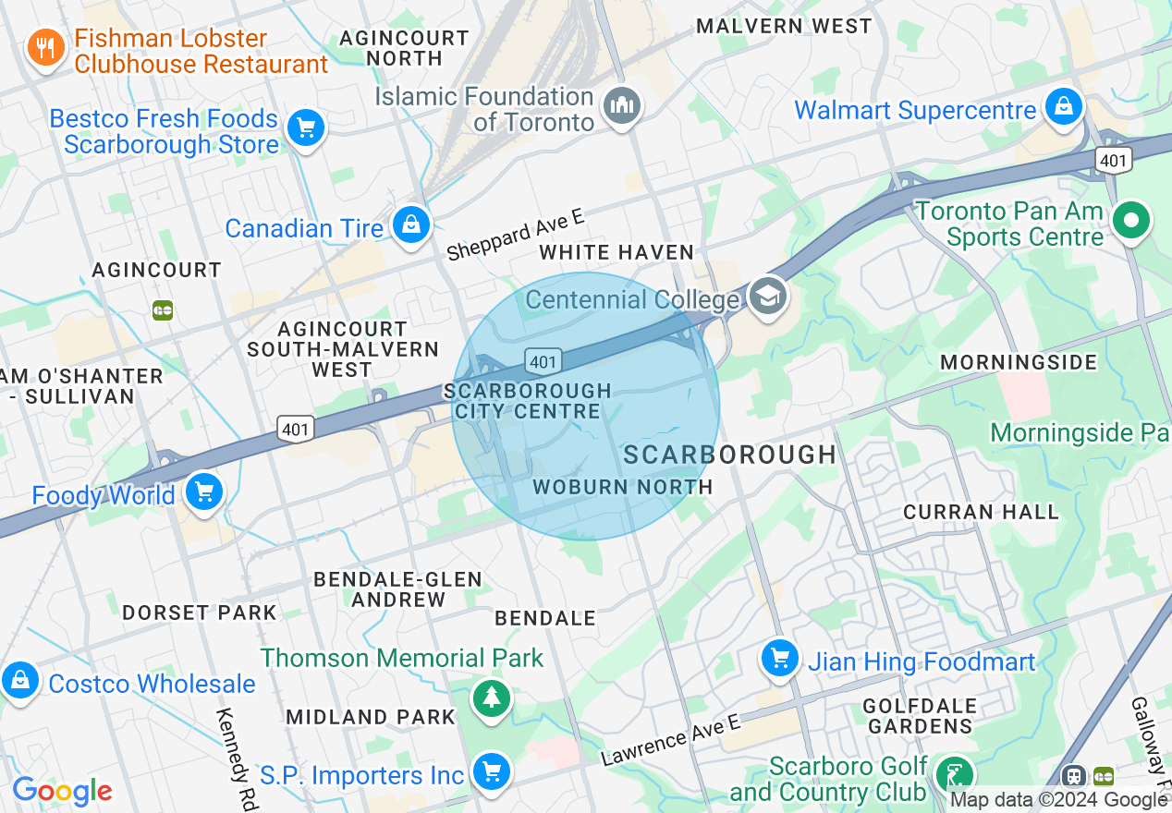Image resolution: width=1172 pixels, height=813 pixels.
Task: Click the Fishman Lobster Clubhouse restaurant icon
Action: coord(44,46)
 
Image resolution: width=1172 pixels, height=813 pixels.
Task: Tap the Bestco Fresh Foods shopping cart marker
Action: coord(306,127)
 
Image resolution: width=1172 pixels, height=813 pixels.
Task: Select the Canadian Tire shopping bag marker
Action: coord(409,224)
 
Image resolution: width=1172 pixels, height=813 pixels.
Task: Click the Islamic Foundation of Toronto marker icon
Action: coord(623,105)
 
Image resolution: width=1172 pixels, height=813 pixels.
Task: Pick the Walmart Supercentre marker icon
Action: coord(1064,106)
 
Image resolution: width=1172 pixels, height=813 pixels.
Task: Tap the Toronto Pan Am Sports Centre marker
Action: coord(1131,221)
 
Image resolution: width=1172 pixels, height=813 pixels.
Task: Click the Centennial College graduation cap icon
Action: coord(768,297)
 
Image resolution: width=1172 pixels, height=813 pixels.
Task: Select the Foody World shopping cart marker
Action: coord(203,491)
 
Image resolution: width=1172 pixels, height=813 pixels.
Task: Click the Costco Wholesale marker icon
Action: coord(20,681)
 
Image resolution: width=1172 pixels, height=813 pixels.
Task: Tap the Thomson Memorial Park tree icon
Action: coord(491,698)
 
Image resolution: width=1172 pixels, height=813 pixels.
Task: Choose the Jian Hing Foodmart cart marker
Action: coord(780,658)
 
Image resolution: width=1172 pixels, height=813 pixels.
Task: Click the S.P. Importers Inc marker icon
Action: coord(491,771)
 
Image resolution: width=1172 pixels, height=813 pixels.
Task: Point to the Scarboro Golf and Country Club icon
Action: coord(953,772)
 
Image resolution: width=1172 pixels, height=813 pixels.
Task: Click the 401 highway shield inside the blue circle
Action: coord(543,361)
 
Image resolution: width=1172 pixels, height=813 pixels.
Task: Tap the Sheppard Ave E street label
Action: coord(515,234)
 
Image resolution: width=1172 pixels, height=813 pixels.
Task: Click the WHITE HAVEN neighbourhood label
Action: coord(617,252)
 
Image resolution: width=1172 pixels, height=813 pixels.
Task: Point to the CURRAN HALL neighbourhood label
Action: coord(981,512)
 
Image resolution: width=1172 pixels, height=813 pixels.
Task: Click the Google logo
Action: coord(62,791)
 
